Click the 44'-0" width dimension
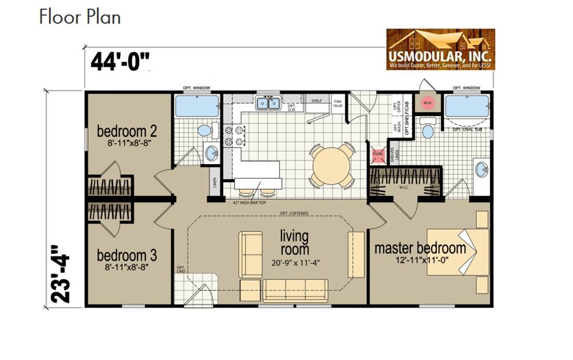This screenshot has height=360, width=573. click(x=121, y=61)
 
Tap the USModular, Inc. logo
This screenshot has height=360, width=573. click(x=440, y=49)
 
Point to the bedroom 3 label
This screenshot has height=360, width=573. click(x=126, y=255)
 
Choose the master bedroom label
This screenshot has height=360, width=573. click(x=419, y=248)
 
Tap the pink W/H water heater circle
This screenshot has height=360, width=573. click(x=428, y=103)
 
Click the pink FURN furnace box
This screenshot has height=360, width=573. click(x=378, y=154)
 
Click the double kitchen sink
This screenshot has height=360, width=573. click(x=268, y=104)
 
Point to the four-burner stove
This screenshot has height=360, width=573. click(x=233, y=136)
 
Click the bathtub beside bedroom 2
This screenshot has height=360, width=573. click(x=197, y=107)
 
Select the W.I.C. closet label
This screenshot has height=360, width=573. click(x=405, y=187)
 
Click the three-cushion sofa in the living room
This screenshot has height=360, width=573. click(x=295, y=290)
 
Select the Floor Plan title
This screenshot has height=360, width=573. click(x=80, y=17)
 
